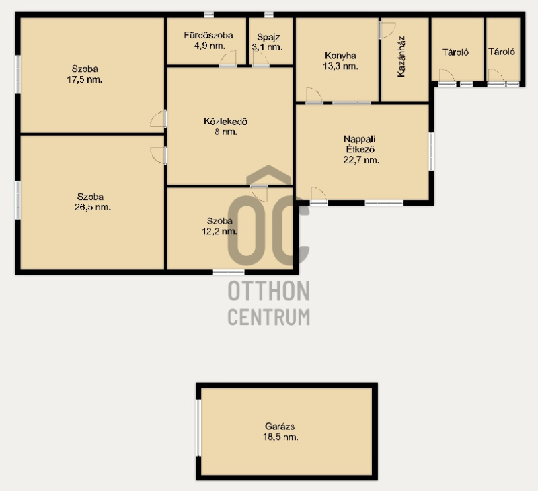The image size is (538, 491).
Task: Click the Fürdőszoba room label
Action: coord(208,35)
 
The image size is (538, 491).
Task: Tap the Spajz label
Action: coord(268,37)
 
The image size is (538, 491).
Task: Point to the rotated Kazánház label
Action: coord(401,56)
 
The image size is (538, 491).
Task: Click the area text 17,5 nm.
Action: coord(85,80)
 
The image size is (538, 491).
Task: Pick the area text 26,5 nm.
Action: coord(93,208)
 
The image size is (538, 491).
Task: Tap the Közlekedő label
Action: coord(226,122)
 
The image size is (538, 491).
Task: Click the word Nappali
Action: coord(359,139)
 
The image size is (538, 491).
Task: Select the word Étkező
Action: coord(360,149)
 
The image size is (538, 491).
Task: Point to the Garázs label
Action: coord(280,427)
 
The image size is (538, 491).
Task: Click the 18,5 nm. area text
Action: coord(280,437)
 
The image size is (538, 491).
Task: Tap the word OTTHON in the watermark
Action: coord(269,291)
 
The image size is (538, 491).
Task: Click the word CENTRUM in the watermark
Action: coord(269,317)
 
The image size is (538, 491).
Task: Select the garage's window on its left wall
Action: coord(198,428)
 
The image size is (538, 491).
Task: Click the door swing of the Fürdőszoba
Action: coord(228,58)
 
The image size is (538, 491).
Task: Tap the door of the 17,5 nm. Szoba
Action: coord(159,119)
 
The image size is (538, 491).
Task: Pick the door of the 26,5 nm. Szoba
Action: coord(159,156)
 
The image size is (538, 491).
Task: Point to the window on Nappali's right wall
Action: coord(431,151)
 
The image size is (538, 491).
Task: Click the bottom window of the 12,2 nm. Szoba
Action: coord(228,272)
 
